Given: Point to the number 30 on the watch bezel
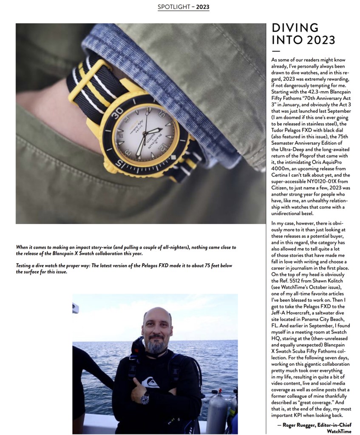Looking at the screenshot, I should (x=119, y=111).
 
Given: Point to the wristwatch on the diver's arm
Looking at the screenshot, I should (x=145, y=398).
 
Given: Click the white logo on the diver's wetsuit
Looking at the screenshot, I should (x=150, y=382).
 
